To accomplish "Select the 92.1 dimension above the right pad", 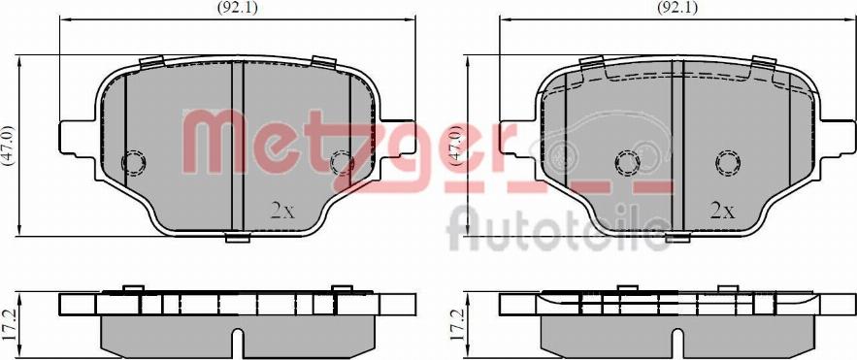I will pyautogui.click(x=677, y=7).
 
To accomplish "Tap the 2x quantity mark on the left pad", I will pyautogui.click(x=282, y=210).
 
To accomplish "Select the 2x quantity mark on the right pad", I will pyautogui.click(x=722, y=210).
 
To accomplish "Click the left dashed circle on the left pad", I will pyautogui.click(x=132, y=162).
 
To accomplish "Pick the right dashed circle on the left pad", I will pyautogui.click(x=342, y=162).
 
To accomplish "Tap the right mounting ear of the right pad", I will pyautogui.click(x=839, y=137).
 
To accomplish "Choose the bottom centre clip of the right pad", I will pyautogui.click(x=677, y=236).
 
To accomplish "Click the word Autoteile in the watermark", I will pyautogui.click(x=557, y=229).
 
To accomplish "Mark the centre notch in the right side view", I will pyautogui.click(x=676, y=342).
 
